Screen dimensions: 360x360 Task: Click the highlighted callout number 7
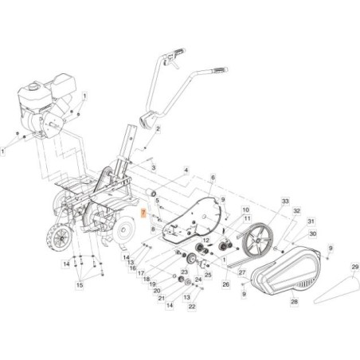pyautogui.click(x=143, y=213)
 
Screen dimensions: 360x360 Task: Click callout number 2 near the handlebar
pyautogui.click(x=158, y=128)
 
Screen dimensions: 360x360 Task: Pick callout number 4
pyautogui.click(x=186, y=170)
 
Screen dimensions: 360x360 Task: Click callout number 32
pyautogui.click(x=296, y=212)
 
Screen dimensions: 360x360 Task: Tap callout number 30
pyautogui.click(x=313, y=234)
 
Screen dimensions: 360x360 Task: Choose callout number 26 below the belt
pyautogui.click(x=225, y=283)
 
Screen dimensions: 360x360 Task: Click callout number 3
pyautogui.click(x=154, y=168)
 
